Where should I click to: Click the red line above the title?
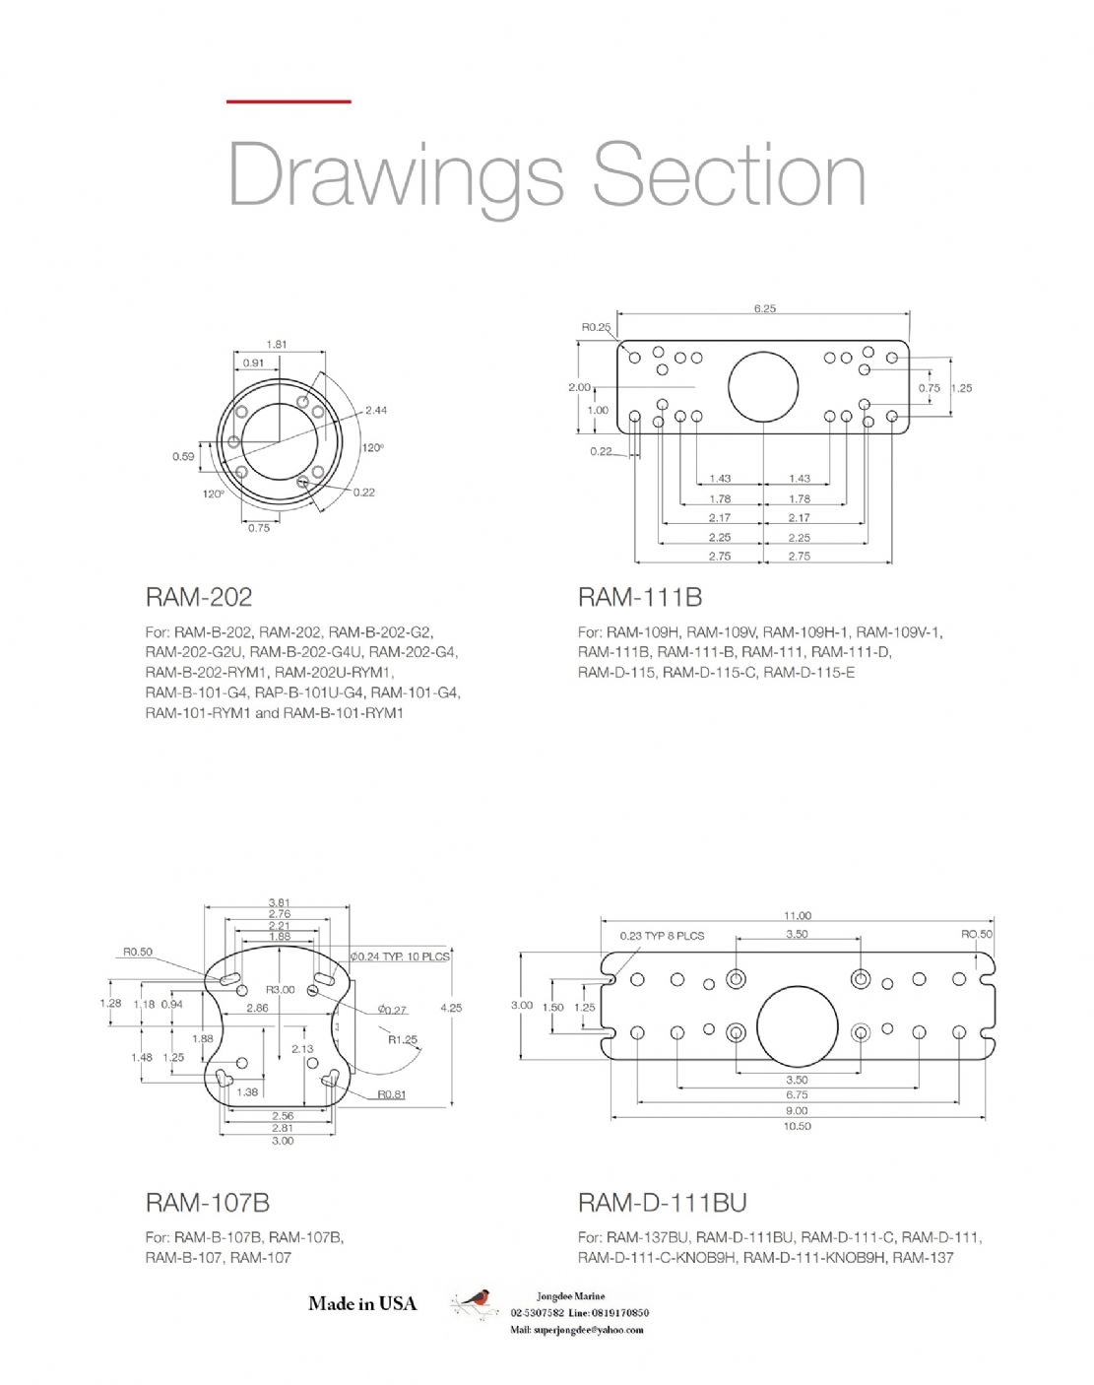pyautogui.click(x=289, y=100)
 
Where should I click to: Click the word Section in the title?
pyautogui.click(x=729, y=174)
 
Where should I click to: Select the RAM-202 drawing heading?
pyautogui.click(x=198, y=597)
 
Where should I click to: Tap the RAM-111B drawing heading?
pyautogui.click(x=639, y=597)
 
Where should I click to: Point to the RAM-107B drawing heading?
pyautogui.click(x=207, y=1202)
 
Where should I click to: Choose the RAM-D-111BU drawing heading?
pyautogui.click(x=662, y=1202)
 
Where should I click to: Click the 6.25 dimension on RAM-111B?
pyautogui.click(x=764, y=308)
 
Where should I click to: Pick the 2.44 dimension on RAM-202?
pyautogui.click(x=376, y=410)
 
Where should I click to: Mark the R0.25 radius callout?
pyautogui.click(x=596, y=327)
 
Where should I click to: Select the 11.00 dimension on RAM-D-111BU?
pyautogui.click(x=798, y=915)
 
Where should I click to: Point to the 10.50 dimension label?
pyautogui.click(x=797, y=1126)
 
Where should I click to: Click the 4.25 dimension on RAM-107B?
pyautogui.click(x=451, y=1008)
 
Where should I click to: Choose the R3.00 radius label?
pyautogui.click(x=280, y=989)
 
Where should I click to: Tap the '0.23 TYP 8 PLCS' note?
pyautogui.click(x=662, y=935)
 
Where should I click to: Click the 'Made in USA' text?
pyautogui.click(x=362, y=1303)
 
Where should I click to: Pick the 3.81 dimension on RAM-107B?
pyautogui.click(x=280, y=902)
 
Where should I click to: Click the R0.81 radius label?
pyautogui.click(x=391, y=1094)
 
